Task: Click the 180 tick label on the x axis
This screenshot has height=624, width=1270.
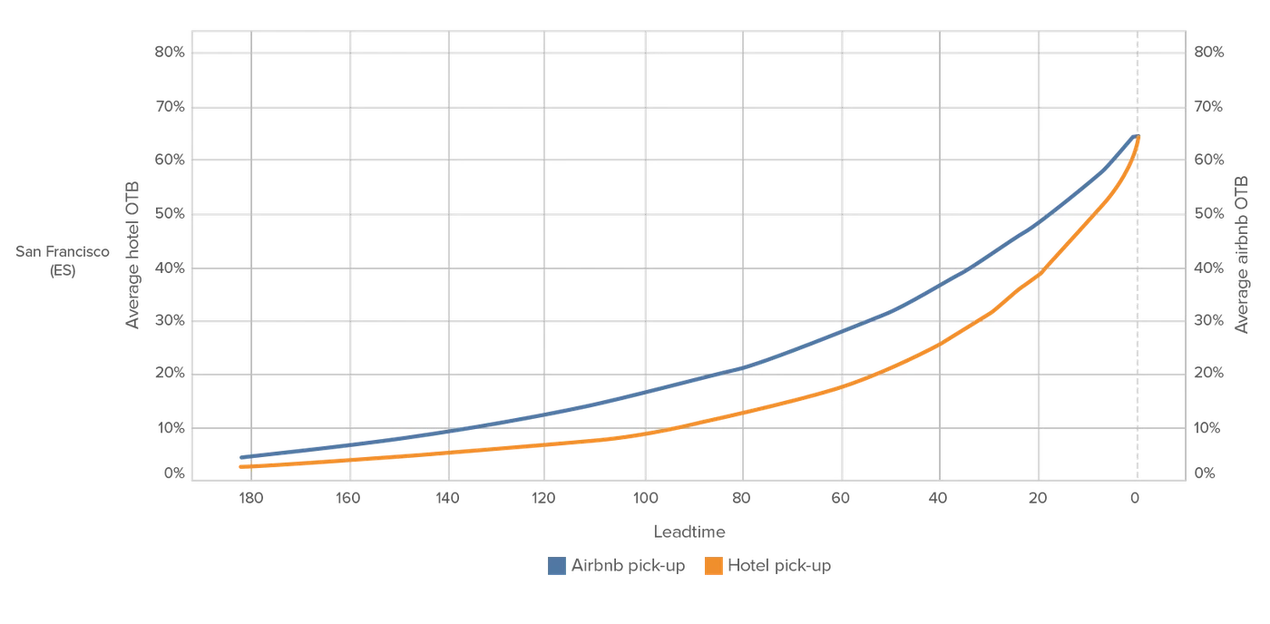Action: coord(250,498)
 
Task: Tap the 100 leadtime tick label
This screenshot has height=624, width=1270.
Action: coord(645,498)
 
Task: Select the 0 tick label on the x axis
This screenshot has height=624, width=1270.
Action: coord(1135,498)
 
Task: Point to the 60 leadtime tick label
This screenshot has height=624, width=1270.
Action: coord(840,498)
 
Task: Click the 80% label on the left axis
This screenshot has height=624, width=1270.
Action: coord(170,52)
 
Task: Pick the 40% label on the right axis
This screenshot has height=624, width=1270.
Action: coord(1208,268)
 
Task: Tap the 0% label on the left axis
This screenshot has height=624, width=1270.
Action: coord(174,473)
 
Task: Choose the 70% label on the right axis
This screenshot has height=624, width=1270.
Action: coord(1208,106)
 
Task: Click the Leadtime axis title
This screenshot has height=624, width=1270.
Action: coord(689,531)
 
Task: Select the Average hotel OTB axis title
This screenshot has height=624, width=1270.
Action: coord(132,255)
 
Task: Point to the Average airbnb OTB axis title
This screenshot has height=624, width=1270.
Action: coord(1241,255)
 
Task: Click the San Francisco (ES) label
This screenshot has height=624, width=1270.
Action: coord(63,260)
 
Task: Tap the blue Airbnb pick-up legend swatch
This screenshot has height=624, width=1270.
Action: coord(557,566)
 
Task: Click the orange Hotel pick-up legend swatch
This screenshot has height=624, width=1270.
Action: coord(714,566)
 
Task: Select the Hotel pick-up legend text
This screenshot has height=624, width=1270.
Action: coord(779,566)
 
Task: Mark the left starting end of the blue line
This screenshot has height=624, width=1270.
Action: coord(241,457)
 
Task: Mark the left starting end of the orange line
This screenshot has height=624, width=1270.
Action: coord(241,466)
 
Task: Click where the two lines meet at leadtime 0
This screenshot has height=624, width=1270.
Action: coord(1138,137)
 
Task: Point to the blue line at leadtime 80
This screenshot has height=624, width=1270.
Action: coord(743,368)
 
